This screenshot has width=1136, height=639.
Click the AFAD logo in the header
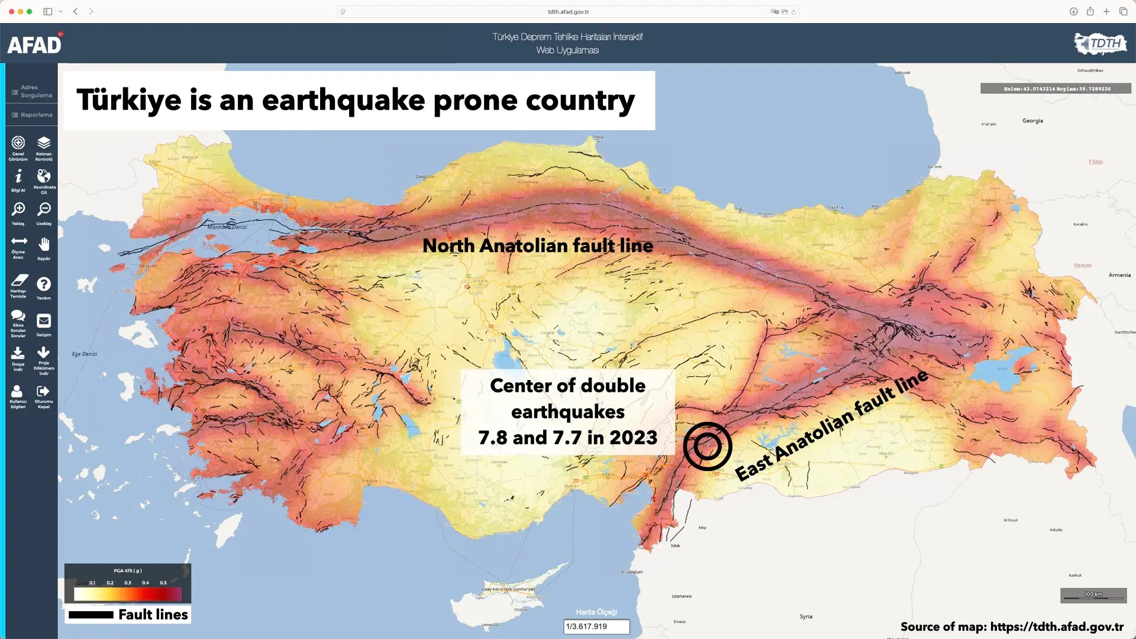click(34, 44)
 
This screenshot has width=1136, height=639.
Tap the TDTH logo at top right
click(1100, 43)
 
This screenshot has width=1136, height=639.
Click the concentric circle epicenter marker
click(707, 447)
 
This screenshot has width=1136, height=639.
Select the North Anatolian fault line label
click(537, 246)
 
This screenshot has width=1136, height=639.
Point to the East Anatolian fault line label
click(831, 425)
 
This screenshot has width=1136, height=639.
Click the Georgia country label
click(1032, 121)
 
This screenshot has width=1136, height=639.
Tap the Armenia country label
click(1119, 275)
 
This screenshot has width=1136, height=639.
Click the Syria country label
click(806, 617)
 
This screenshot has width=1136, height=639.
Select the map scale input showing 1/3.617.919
click(596, 627)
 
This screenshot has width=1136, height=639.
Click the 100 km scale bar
click(1093, 595)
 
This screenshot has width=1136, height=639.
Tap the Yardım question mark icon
click(44, 285)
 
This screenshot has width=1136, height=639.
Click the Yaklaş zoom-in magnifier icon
click(18, 209)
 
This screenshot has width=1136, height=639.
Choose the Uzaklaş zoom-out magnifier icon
click(44, 209)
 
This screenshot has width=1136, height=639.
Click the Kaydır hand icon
click(44, 244)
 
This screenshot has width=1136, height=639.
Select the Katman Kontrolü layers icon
click(44, 143)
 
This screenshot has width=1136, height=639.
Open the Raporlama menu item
click(33, 115)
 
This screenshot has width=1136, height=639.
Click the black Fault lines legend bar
click(91, 615)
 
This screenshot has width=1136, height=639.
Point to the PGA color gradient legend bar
click(127, 593)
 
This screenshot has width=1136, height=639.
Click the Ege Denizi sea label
click(85, 354)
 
